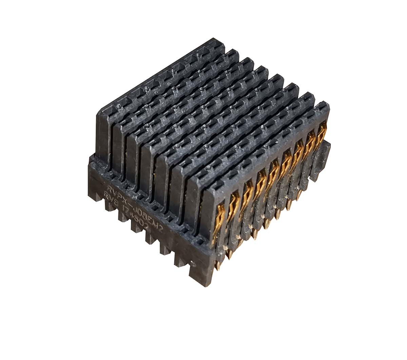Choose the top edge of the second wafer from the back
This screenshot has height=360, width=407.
click(x=176, y=85)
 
